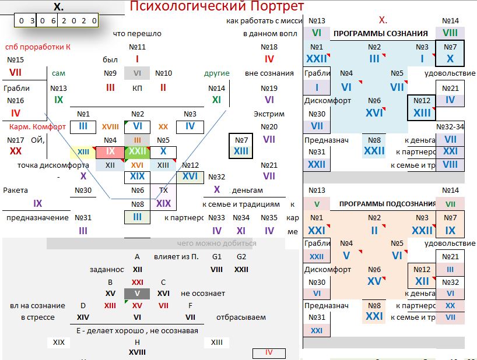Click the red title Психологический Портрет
tap(216, 6)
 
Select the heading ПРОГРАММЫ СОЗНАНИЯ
tap(380, 34)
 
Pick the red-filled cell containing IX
tap(110, 151)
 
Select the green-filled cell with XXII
tap(138, 151)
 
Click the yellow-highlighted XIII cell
tap(83, 152)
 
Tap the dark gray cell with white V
tap(137, 294)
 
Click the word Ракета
tap(15, 190)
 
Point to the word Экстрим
tap(269, 114)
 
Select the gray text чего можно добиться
tap(217, 243)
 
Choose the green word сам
tap(58, 73)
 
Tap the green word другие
tap(216, 73)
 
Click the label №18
tap(269, 47)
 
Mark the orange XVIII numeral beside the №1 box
tap(110, 126)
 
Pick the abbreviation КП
tap(137, 88)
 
